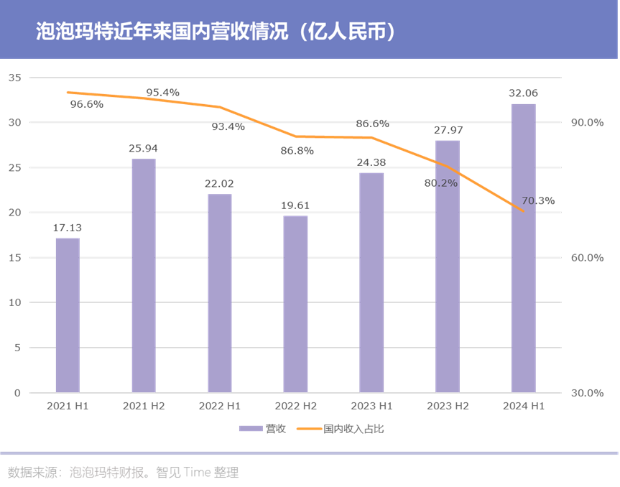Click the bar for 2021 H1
click(68, 315)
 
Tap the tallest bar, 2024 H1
click(523, 248)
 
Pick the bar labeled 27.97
click(448, 266)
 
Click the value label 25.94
click(143, 149)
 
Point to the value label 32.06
click(523, 93)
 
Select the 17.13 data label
click(68, 228)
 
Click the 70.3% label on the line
click(538, 201)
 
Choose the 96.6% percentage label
click(87, 104)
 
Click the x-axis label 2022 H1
click(219, 407)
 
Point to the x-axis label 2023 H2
click(448, 407)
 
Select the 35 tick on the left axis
click(14, 78)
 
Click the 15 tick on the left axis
click(14, 258)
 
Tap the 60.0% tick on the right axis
click(587, 258)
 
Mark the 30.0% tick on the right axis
click(587, 393)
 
